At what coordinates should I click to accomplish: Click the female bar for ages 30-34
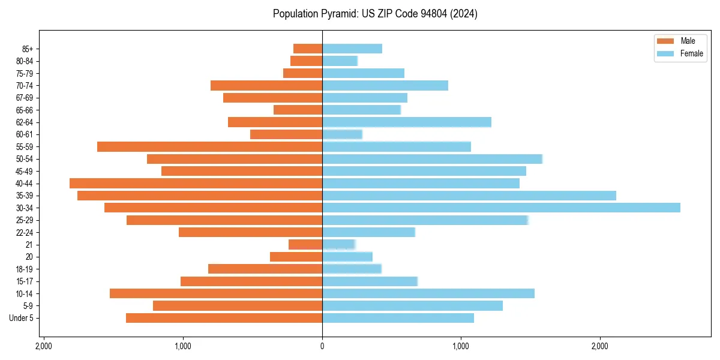point(501,208)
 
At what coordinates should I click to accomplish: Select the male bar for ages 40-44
point(196,183)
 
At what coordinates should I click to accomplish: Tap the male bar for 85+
point(308,49)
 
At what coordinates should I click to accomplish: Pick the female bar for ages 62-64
point(407,122)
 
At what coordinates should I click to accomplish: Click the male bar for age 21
point(305,244)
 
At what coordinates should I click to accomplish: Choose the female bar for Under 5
point(398,317)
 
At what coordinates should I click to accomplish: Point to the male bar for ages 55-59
point(209,146)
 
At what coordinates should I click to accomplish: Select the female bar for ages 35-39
point(469,196)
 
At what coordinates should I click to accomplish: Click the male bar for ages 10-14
point(216,293)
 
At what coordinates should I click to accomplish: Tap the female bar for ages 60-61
point(342,134)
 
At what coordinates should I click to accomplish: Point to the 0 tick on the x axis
point(322,346)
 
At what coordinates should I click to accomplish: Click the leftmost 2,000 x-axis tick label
point(44,346)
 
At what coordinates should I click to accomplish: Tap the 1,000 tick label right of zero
point(461,346)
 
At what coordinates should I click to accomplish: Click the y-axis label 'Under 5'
point(22,318)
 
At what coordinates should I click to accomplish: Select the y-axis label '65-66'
point(25,110)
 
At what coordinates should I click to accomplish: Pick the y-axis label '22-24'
point(25,232)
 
